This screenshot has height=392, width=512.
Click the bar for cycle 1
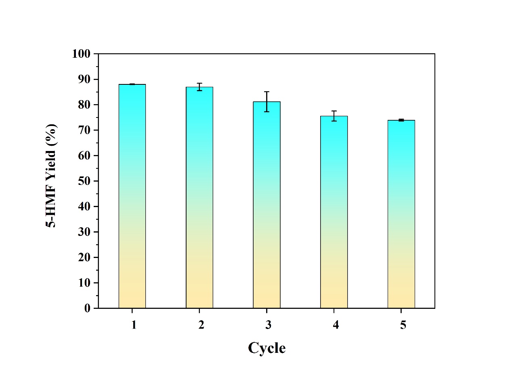pyautogui.click(x=132, y=196)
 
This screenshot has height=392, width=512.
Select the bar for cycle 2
pyautogui.click(x=199, y=198)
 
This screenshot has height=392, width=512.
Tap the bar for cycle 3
pyautogui.click(x=266, y=205)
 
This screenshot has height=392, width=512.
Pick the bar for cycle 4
pyautogui.click(x=334, y=212)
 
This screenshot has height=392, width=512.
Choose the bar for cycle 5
pyautogui.click(x=401, y=214)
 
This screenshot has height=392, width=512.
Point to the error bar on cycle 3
pyautogui.click(x=266, y=102)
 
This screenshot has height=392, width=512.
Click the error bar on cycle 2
pyautogui.click(x=199, y=87)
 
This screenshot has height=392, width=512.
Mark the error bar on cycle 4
pyautogui.click(x=334, y=116)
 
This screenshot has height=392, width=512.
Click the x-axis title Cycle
pyautogui.click(x=266, y=348)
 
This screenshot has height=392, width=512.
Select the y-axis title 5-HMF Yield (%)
pyautogui.click(x=51, y=176)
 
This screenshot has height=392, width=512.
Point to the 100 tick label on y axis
pyautogui.click(x=81, y=54)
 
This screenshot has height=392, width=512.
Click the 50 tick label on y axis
pyautogui.click(x=84, y=181)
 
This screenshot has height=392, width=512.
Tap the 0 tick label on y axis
pyautogui.click(x=87, y=308)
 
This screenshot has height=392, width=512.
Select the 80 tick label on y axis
pyautogui.click(x=84, y=105)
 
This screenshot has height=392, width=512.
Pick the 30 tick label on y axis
pyautogui.click(x=84, y=232)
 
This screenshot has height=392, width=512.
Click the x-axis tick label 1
pyautogui.click(x=134, y=325)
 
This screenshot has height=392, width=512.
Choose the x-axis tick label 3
pyautogui.click(x=268, y=325)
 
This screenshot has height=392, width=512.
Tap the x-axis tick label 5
pyautogui.click(x=403, y=325)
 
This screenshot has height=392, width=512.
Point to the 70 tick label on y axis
pyautogui.click(x=84, y=130)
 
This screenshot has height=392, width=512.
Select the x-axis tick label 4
pyautogui.click(x=336, y=325)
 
